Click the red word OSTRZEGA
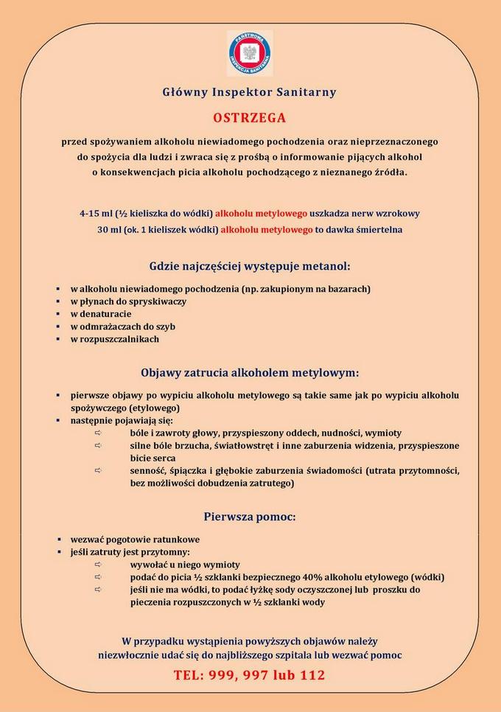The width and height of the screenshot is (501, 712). tap(250, 117)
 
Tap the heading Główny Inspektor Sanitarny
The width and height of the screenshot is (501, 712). tap(250, 92)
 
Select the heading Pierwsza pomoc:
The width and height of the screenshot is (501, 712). tap(250, 517)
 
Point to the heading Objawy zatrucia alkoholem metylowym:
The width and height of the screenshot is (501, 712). tap(250, 372)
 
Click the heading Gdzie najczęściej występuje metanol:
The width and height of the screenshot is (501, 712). tap(250, 265)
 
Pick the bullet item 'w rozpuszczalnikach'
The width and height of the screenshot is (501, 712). tap(114, 339)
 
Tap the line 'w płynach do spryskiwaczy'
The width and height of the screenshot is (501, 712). tap(128, 301)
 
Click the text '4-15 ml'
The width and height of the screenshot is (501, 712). tap(97, 214)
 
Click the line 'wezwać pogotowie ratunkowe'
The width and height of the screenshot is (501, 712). tap(135, 539)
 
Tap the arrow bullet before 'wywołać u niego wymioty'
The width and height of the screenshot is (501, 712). tap(97, 565)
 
